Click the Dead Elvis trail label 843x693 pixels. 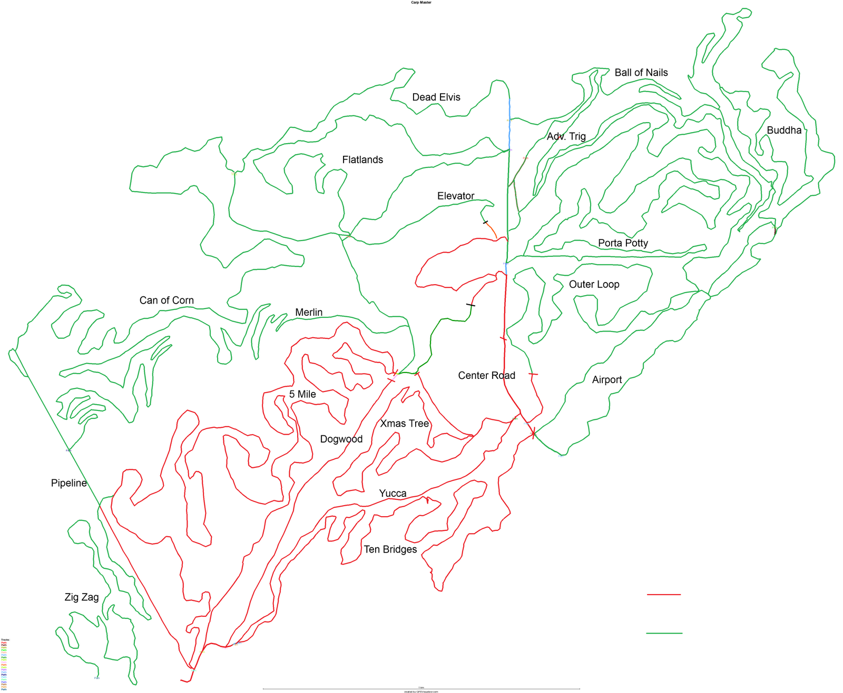pyautogui.click(x=436, y=97)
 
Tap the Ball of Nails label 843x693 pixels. pyautogui.click(x=641, y=73)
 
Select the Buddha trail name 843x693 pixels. pyautogui.click(x=783, y=130)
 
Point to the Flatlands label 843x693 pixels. pyautogui.click(x=362, y=160)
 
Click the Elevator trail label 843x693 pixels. pyautogui.click(x=456, y=196)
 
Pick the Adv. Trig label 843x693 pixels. pyautogui.click(x=566, y=137)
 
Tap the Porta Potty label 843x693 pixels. pyautogui.click(x=623, y=243)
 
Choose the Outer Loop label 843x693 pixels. pyautogui.click(x=594, y=285)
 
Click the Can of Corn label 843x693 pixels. pyautogui.click(x=166, y=300)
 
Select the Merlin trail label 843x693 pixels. pyautogui.click(x=309, y=313)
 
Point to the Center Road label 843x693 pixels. pyautogui.click(x=486, y=376)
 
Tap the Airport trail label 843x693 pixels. pyautogui.click(x=606, y=380)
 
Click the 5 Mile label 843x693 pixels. pyautogui.click(x=302, y=395)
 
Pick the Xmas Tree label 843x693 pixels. pyautogui.click(x=404, y=424)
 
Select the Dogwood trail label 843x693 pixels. pyautogui.click(x=341, y=439)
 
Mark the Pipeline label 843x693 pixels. pyautogui.click(x=68, y=484)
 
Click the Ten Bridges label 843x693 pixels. pyautogui.click(x=390, y=550)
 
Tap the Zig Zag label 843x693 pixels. pyautogui.click(x=81, y=597)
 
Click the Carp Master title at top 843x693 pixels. pyautogui.click(x=421, y=3)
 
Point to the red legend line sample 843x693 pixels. pyautogui.click(x=663, y=595)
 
